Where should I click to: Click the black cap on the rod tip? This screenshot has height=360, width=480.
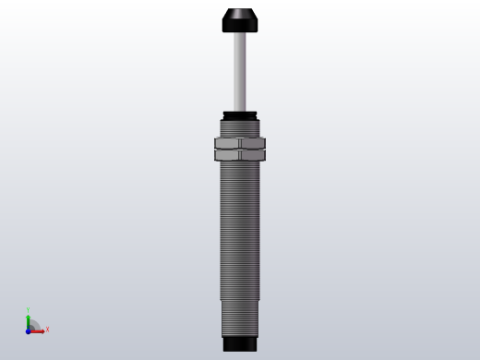click(x=239, y=20)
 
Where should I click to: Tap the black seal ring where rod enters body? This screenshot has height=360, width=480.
click(x=239, y=114)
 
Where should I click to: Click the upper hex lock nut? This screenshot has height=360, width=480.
click(x=239, y=143)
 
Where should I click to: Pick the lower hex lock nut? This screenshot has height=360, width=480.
click(x=239, y=154)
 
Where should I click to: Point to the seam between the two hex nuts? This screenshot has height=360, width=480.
click(x=239, y=149)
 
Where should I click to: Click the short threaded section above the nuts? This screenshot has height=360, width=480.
click(x=239, y=128)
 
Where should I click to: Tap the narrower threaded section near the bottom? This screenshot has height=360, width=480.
click(x=239, y=318)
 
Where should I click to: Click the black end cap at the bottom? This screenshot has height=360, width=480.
click(x=239, y=343)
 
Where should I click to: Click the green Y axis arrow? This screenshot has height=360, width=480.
click(x=29, y=320)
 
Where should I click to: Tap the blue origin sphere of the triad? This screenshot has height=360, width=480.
click(x=29, y=330)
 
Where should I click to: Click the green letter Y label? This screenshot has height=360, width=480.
click(x=29, y=311)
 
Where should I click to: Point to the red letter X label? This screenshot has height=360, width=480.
click(x=47, y=329)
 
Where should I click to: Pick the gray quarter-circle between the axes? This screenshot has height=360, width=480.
click(x=33, y=325)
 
